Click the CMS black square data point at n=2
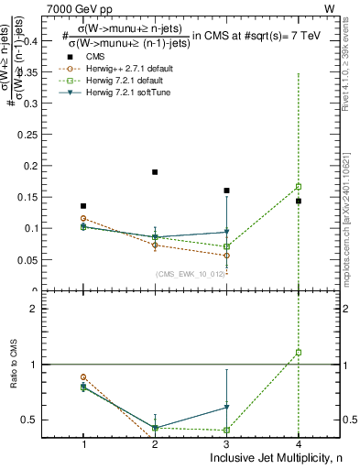click(x=155, y=172)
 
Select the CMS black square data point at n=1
click(x=83, y=206)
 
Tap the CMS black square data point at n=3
click(x=226, y=191)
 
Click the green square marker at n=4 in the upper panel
click(x=299, y=187)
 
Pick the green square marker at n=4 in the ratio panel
click(x=299, y=352)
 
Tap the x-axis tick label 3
click(x=226, y=443)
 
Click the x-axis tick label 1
click(x=83, y=443)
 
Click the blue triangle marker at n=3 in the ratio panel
click(x=226, y=408)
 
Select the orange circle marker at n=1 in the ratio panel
click(x=83, y=376)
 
